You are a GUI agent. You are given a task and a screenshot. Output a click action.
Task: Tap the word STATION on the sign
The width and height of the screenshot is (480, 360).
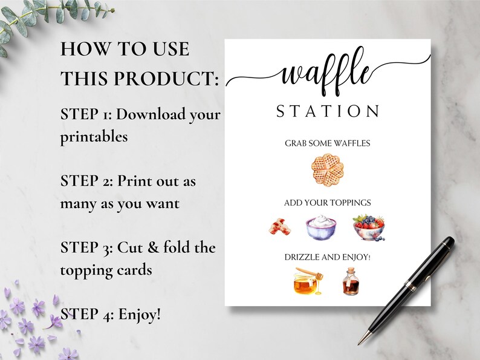tap(328, 111)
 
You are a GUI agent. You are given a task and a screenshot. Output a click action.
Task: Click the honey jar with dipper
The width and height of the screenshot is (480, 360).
tap(306, 281)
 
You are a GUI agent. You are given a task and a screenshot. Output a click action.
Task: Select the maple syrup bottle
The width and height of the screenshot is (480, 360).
tap(349, 282)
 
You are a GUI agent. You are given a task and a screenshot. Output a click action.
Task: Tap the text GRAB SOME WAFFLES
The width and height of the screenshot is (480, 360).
tap(327, 143)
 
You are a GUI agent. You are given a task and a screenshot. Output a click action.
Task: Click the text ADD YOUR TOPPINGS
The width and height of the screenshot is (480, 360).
tap(327, 203)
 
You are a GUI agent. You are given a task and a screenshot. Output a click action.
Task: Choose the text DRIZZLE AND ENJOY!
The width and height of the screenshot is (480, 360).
tap(327, 257)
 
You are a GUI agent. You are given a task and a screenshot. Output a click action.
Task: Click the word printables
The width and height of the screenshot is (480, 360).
tap(94, 137)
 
